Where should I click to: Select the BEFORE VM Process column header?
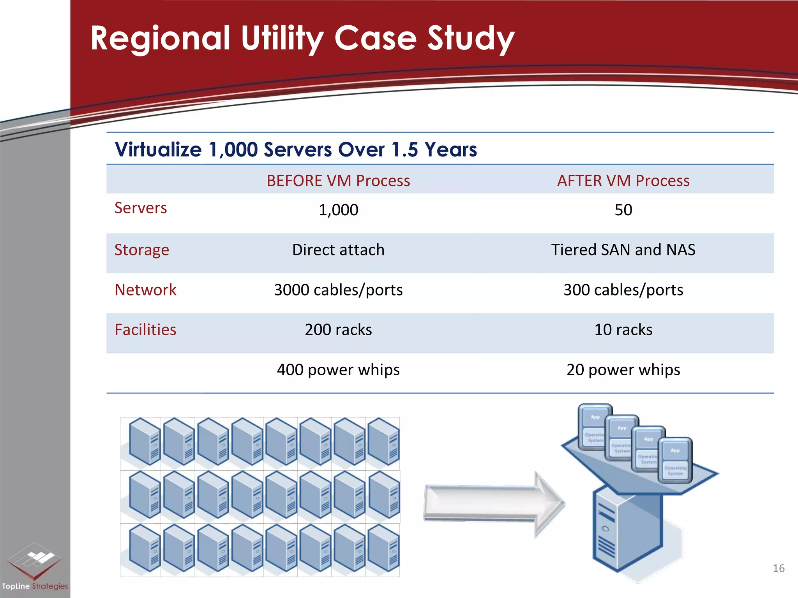click(x=338, y=181)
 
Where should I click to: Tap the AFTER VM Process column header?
click(x=623, y=181)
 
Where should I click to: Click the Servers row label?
click(x=141, y=208)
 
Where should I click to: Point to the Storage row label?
click(x=142, y=250)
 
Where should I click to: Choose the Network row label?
click(x=145, y=290)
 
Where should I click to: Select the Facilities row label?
click(x=145, y=330)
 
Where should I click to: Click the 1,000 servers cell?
click(x=338, y=210)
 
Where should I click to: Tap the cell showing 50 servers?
click(x=623, y=210)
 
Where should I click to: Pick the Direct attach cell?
click(x=338, y=250)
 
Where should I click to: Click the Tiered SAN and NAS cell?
click(x=623, y=250)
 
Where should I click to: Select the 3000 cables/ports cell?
click(x=338, y=290)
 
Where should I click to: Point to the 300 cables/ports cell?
click(x=623, y=290)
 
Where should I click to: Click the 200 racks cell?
click(x=338, y=330)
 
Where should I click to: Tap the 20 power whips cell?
click(x=623, y=370)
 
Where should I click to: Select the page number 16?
click(x=778, y=568)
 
